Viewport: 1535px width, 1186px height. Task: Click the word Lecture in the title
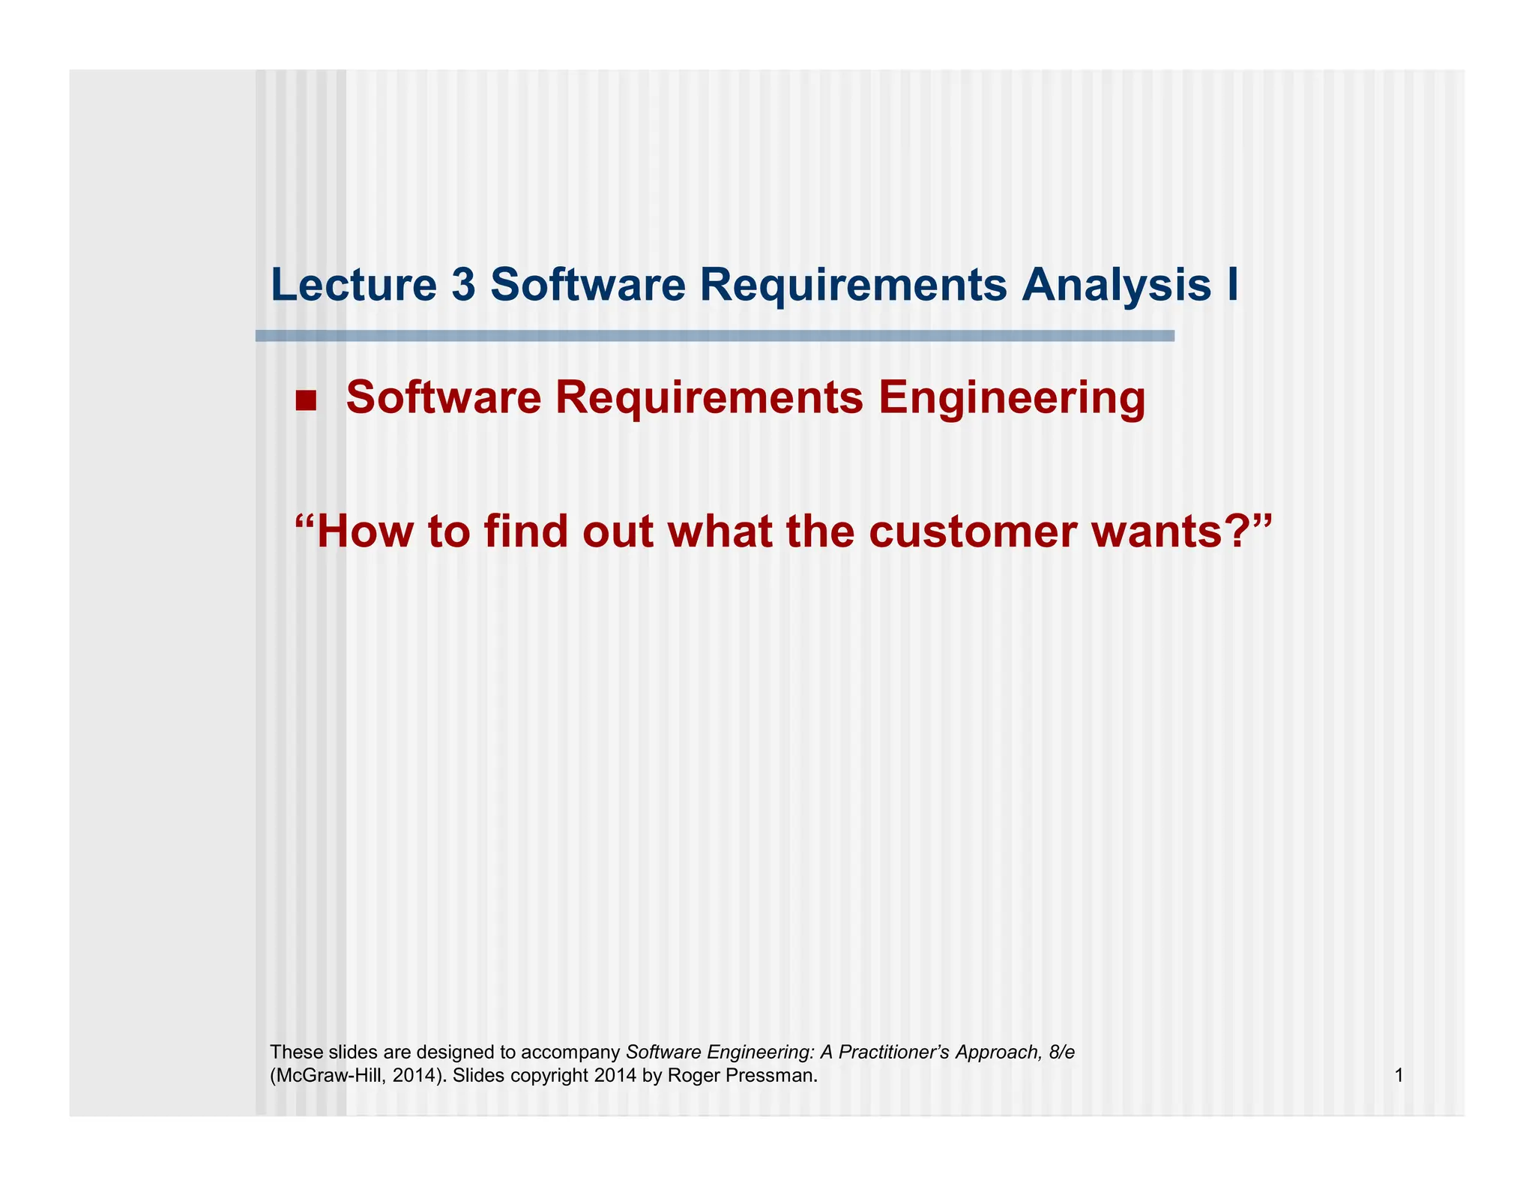click(x=353, y=286)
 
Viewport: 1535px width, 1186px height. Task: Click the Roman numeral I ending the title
click(x=1232, y=286)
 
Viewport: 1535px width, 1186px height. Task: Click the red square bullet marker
click(x=306, y=401)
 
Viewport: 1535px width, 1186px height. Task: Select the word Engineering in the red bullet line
click(x=1012, y=397)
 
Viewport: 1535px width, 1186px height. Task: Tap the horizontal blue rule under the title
click(x=714, y=336)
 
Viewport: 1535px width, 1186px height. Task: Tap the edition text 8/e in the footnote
click(x=1062, y=1053)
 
